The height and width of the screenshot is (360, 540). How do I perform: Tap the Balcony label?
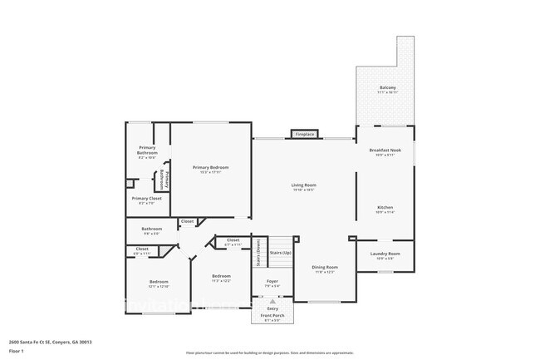(387, 87)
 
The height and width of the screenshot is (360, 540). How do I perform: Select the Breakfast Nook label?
(385, 150)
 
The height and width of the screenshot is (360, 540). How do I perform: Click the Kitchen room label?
(385, 207)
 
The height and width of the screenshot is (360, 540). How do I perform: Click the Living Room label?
(303, 185)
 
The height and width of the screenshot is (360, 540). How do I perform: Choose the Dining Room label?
(324, 267)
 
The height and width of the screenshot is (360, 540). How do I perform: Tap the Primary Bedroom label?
(210, 167)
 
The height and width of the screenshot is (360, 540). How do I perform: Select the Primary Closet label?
(146, 198)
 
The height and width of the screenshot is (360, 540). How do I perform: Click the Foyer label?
(272, 282)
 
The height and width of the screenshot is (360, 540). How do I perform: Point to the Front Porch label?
(272, 315)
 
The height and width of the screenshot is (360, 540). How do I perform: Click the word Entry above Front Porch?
(272, 308)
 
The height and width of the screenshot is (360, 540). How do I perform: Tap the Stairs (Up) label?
(281, 252)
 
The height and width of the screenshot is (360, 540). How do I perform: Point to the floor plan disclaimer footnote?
(269, 353)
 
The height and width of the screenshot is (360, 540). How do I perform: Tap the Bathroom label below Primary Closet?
(151, 229)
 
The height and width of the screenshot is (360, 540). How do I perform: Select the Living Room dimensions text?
(303, 190)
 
